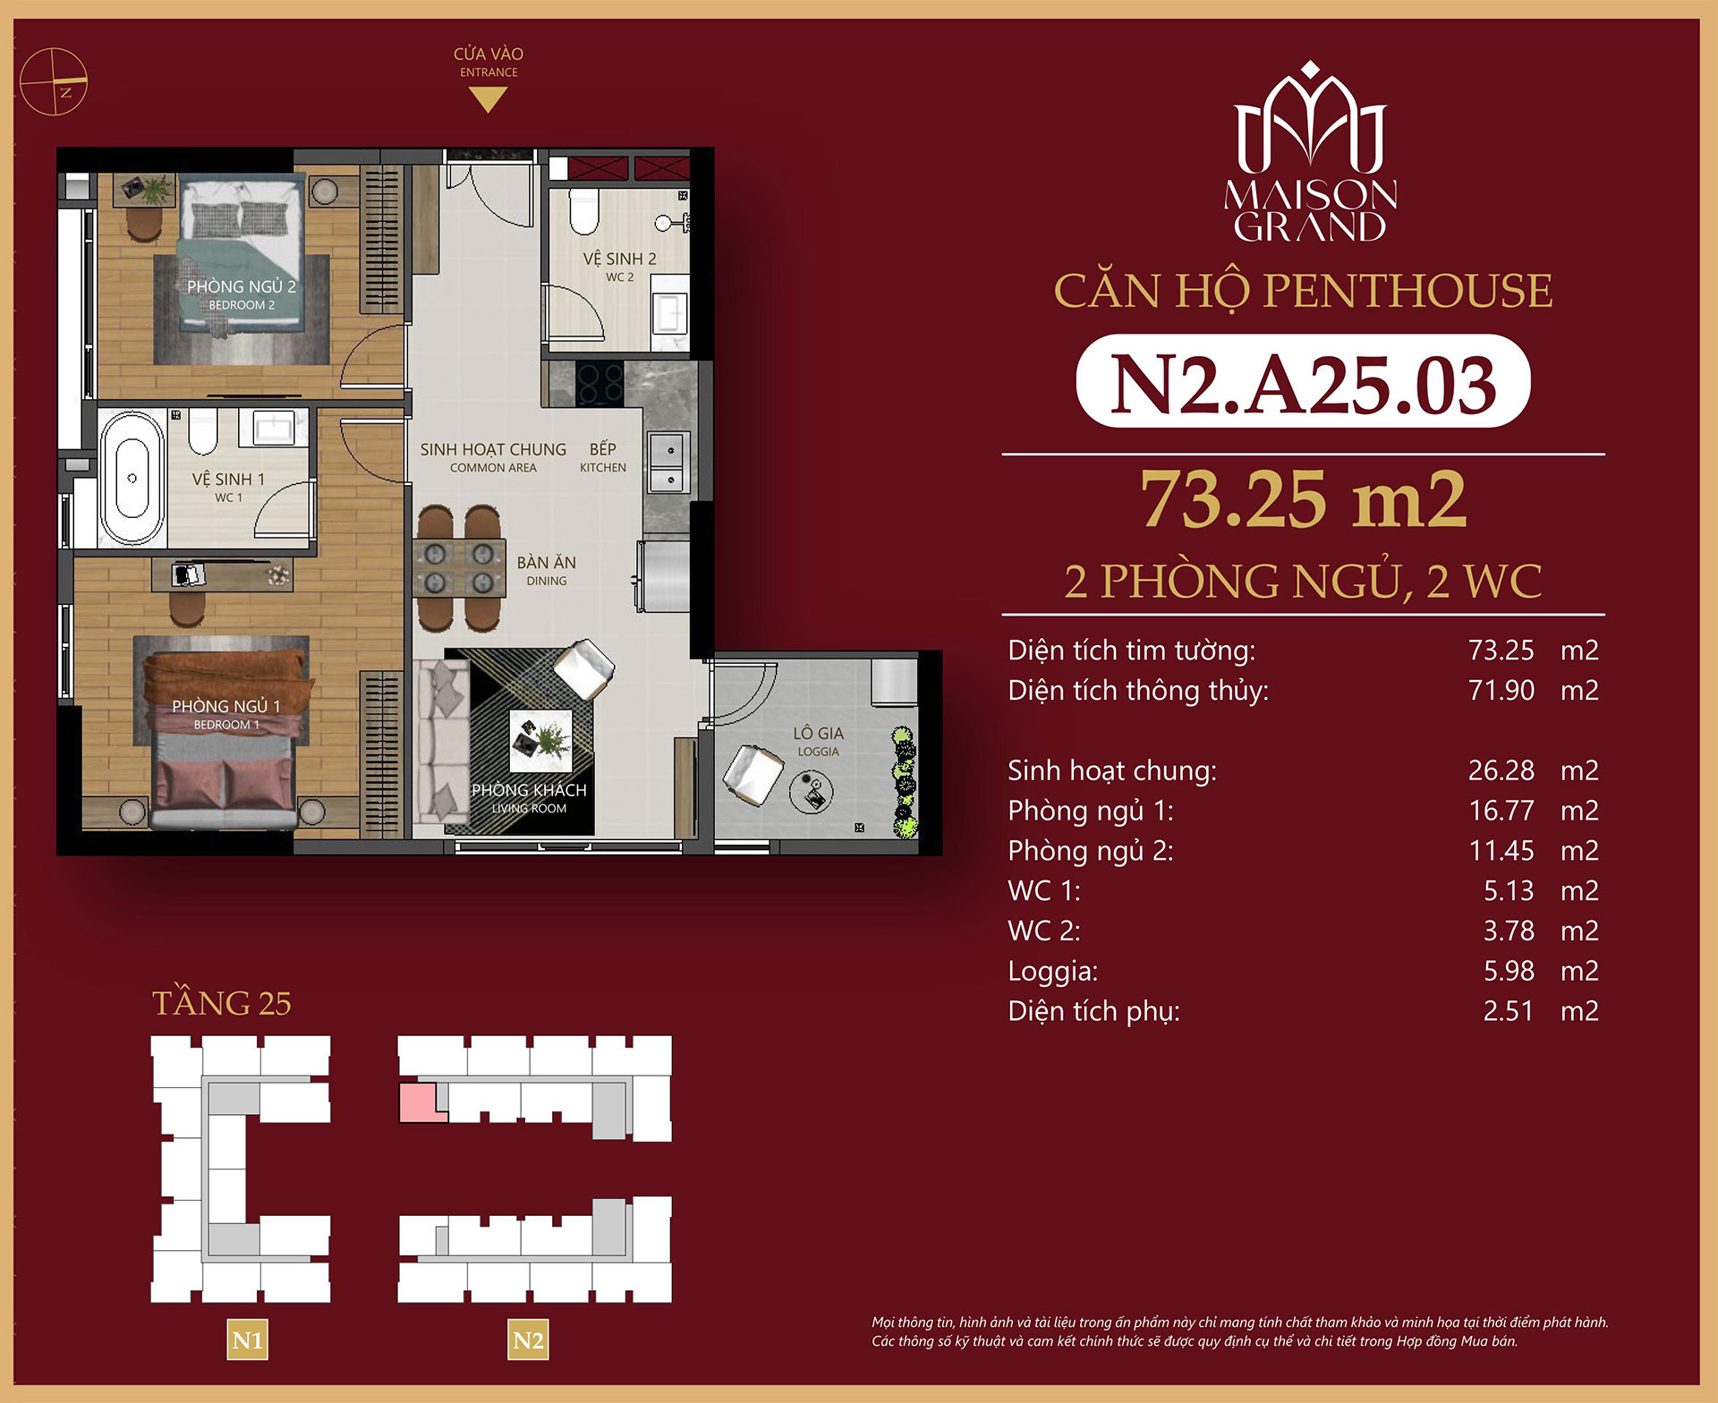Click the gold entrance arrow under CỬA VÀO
(488, 100)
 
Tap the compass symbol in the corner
(54, 81)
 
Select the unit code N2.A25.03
(1303, 383)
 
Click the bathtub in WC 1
(132, 479)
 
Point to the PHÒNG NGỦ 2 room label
(241, 286)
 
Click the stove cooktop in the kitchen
(599, 383)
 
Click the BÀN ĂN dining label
(546, 563)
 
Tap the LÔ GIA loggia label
(818, 734)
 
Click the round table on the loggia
(812, 792)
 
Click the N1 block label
(247, 1339)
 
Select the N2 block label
(528, 1339)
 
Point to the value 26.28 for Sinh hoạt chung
(1501, 770)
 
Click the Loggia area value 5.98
(1508, 971)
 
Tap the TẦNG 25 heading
(222, 1003)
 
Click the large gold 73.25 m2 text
(1303, 500)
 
